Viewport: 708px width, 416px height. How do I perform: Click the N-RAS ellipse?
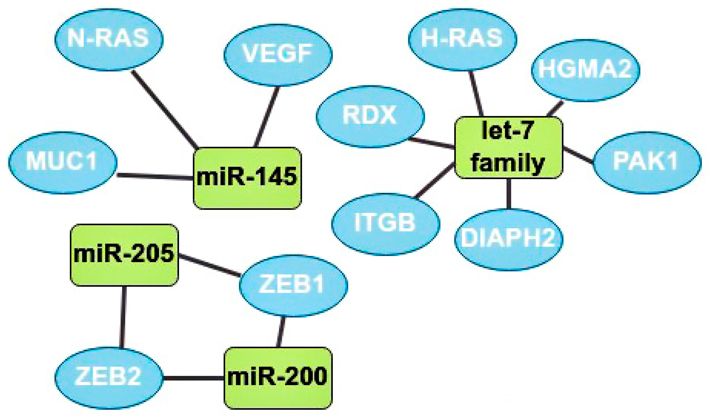(x=109, y=39)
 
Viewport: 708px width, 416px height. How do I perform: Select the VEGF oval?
(x=278, y=55)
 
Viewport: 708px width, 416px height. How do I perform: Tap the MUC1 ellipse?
(x=62, y=163)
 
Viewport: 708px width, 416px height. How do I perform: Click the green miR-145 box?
(x=247, y=178)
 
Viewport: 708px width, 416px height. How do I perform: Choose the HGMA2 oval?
(x=586, y=70)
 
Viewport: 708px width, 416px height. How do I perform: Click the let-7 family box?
(x=509, y=148)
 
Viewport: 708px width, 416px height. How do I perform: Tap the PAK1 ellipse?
(x=647, y=163)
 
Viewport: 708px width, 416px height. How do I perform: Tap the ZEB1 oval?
(x=293, y=286)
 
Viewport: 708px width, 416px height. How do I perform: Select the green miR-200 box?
(x=278, y=378)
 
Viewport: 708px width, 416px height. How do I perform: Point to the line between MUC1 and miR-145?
(x=155, y=177)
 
